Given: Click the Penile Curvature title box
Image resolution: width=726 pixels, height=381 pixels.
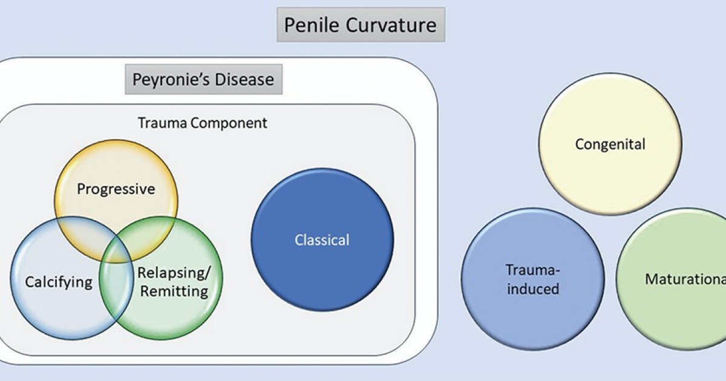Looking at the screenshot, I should click(361, 25).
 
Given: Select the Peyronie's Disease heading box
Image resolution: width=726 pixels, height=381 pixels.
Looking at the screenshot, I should click(203, 79).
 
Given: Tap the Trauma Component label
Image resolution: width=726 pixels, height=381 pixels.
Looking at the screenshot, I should click(203, 123).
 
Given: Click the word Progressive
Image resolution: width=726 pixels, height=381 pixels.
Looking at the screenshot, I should click(116, 189).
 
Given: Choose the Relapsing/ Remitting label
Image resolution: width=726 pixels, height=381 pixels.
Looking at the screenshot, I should click(173, 282).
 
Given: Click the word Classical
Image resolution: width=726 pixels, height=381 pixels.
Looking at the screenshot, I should click(322, 240).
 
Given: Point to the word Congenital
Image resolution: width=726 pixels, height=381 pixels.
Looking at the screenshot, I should click(610, 145).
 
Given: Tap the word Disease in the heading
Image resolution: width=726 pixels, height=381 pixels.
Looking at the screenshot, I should click(243, 79).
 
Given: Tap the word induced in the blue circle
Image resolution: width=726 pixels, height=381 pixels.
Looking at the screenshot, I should click(532, 288).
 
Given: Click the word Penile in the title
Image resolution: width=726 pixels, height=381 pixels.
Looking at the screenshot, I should click(313, 25).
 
